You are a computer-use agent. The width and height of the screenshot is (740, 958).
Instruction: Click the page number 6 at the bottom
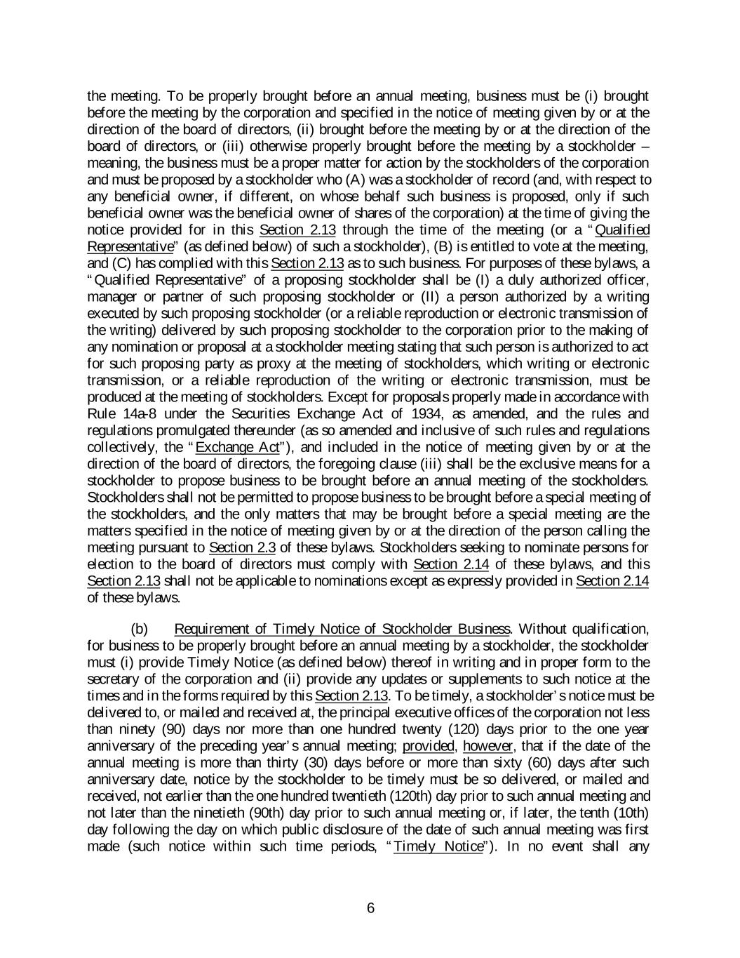click(370, 908)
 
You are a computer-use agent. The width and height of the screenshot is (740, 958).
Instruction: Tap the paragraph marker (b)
click(140, 628)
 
